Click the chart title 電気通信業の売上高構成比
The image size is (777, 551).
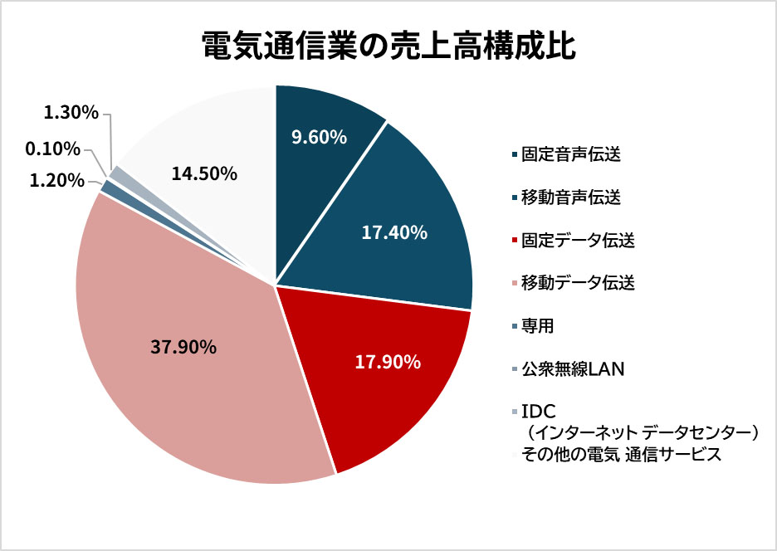[388, 46]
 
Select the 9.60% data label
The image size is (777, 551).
[319, 137]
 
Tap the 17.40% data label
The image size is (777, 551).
[394, 233]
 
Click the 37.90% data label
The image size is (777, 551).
[183, 348]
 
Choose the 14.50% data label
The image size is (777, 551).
[204, 174]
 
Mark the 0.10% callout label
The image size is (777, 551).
[52, 149]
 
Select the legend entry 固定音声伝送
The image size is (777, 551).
[571, 154]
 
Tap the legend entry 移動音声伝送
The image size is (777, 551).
[571, 197]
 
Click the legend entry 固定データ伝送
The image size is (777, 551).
[578, 241]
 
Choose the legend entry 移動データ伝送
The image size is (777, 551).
[578, 284]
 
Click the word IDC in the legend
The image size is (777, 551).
[537, 412]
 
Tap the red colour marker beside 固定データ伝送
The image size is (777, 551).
[515, 241]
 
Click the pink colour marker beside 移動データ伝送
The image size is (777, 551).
[515, 284]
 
